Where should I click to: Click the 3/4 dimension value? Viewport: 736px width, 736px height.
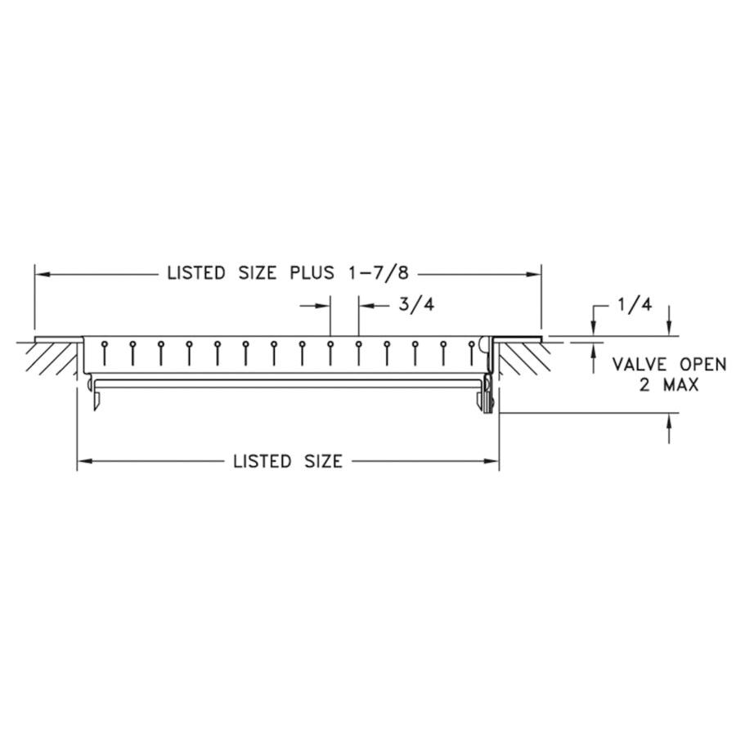(x=416, y=305)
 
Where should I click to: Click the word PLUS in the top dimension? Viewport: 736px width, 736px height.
(x=312, y=273)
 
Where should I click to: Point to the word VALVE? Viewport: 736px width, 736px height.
(x=640, y=365)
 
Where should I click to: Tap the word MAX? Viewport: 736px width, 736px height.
(x=680, y=385)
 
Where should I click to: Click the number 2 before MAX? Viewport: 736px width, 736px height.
(x=645, y=385)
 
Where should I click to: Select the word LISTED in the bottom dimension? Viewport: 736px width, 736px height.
(x=263, y=461)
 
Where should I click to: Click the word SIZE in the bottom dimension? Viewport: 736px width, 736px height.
(x=323, y=461)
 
